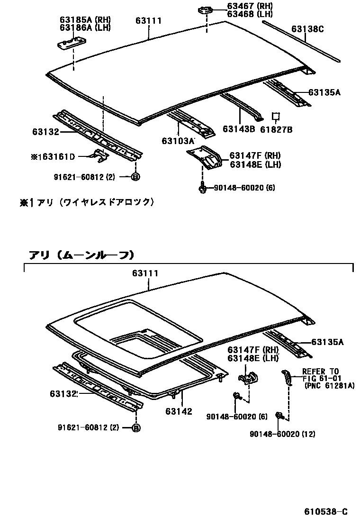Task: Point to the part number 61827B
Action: click(278, 129)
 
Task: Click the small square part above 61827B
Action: click(276, 116)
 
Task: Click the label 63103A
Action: click(178, 141)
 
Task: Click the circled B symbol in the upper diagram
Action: click(135, 177)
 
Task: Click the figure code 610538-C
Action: click(326, 511)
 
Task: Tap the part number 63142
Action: click(179, 411)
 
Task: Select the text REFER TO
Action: click(321, 372)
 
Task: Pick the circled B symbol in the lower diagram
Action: click(135, 427)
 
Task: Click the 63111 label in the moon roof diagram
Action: click(148, 273)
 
